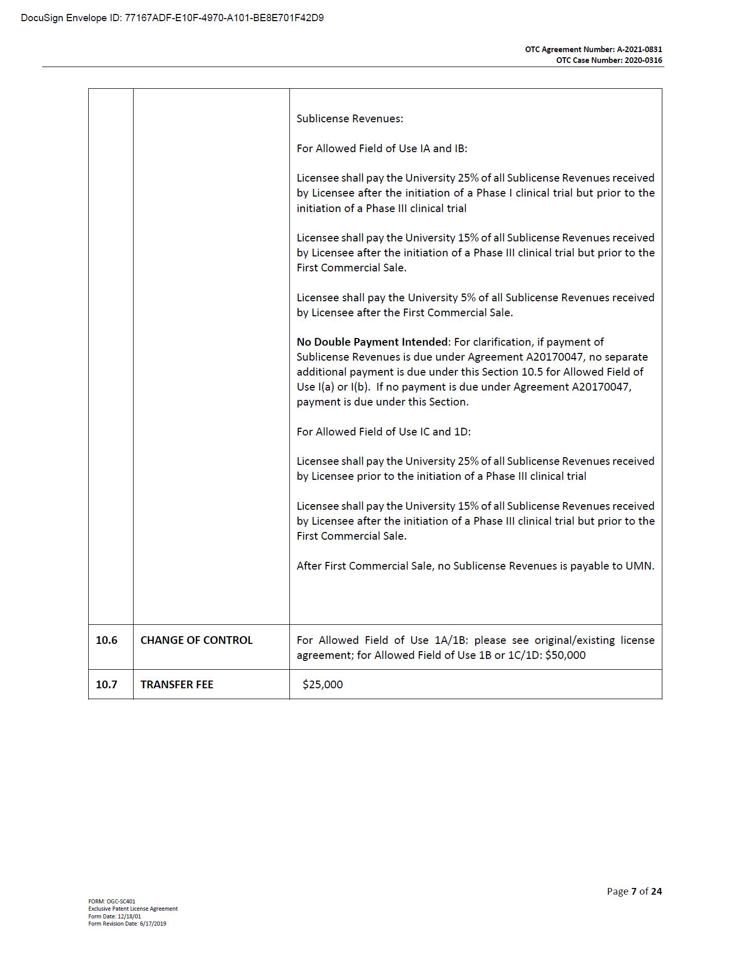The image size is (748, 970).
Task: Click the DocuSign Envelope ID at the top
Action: point(172,18)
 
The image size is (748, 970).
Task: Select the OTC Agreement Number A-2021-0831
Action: point(593,50)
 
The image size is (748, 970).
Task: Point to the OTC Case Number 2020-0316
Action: point(609,60)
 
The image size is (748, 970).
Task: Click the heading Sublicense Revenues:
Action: point(350,119)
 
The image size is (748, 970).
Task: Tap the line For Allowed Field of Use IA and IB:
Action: point(382,149)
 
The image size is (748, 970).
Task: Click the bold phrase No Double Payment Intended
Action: point(372,342)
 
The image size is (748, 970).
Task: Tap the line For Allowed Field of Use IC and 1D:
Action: point(383,432)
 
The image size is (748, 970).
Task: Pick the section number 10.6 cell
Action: point(107,640)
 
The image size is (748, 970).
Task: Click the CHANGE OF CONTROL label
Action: point(197,640)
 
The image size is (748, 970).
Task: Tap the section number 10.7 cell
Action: point(107,685)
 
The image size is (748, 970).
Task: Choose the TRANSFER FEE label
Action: point(177,685)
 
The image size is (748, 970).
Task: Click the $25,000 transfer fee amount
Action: point(323,685)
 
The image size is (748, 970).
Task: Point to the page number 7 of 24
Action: point(634,891)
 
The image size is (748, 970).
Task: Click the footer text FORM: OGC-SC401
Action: point(111,901)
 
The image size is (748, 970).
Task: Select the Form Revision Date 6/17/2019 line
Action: point(127,924)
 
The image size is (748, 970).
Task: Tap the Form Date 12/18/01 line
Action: point(115,916)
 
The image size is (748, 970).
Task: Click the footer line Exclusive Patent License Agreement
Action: point(133,909)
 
